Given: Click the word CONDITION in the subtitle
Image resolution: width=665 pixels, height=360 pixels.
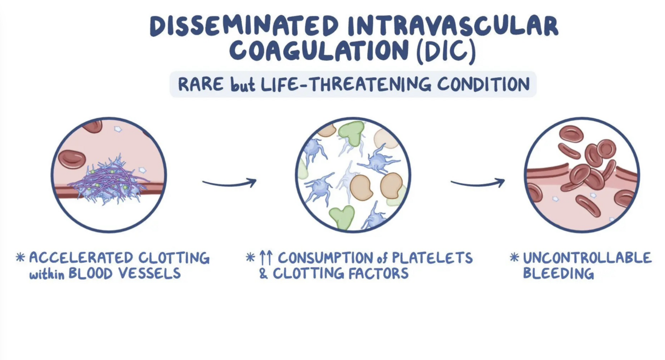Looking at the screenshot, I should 484,84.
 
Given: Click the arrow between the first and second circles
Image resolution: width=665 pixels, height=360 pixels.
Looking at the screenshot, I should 229,183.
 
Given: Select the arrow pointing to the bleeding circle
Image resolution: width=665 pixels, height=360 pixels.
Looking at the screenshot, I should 478,183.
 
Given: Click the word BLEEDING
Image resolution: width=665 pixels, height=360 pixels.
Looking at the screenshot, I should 558,273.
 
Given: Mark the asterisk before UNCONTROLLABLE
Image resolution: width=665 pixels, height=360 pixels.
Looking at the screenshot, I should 514,258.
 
